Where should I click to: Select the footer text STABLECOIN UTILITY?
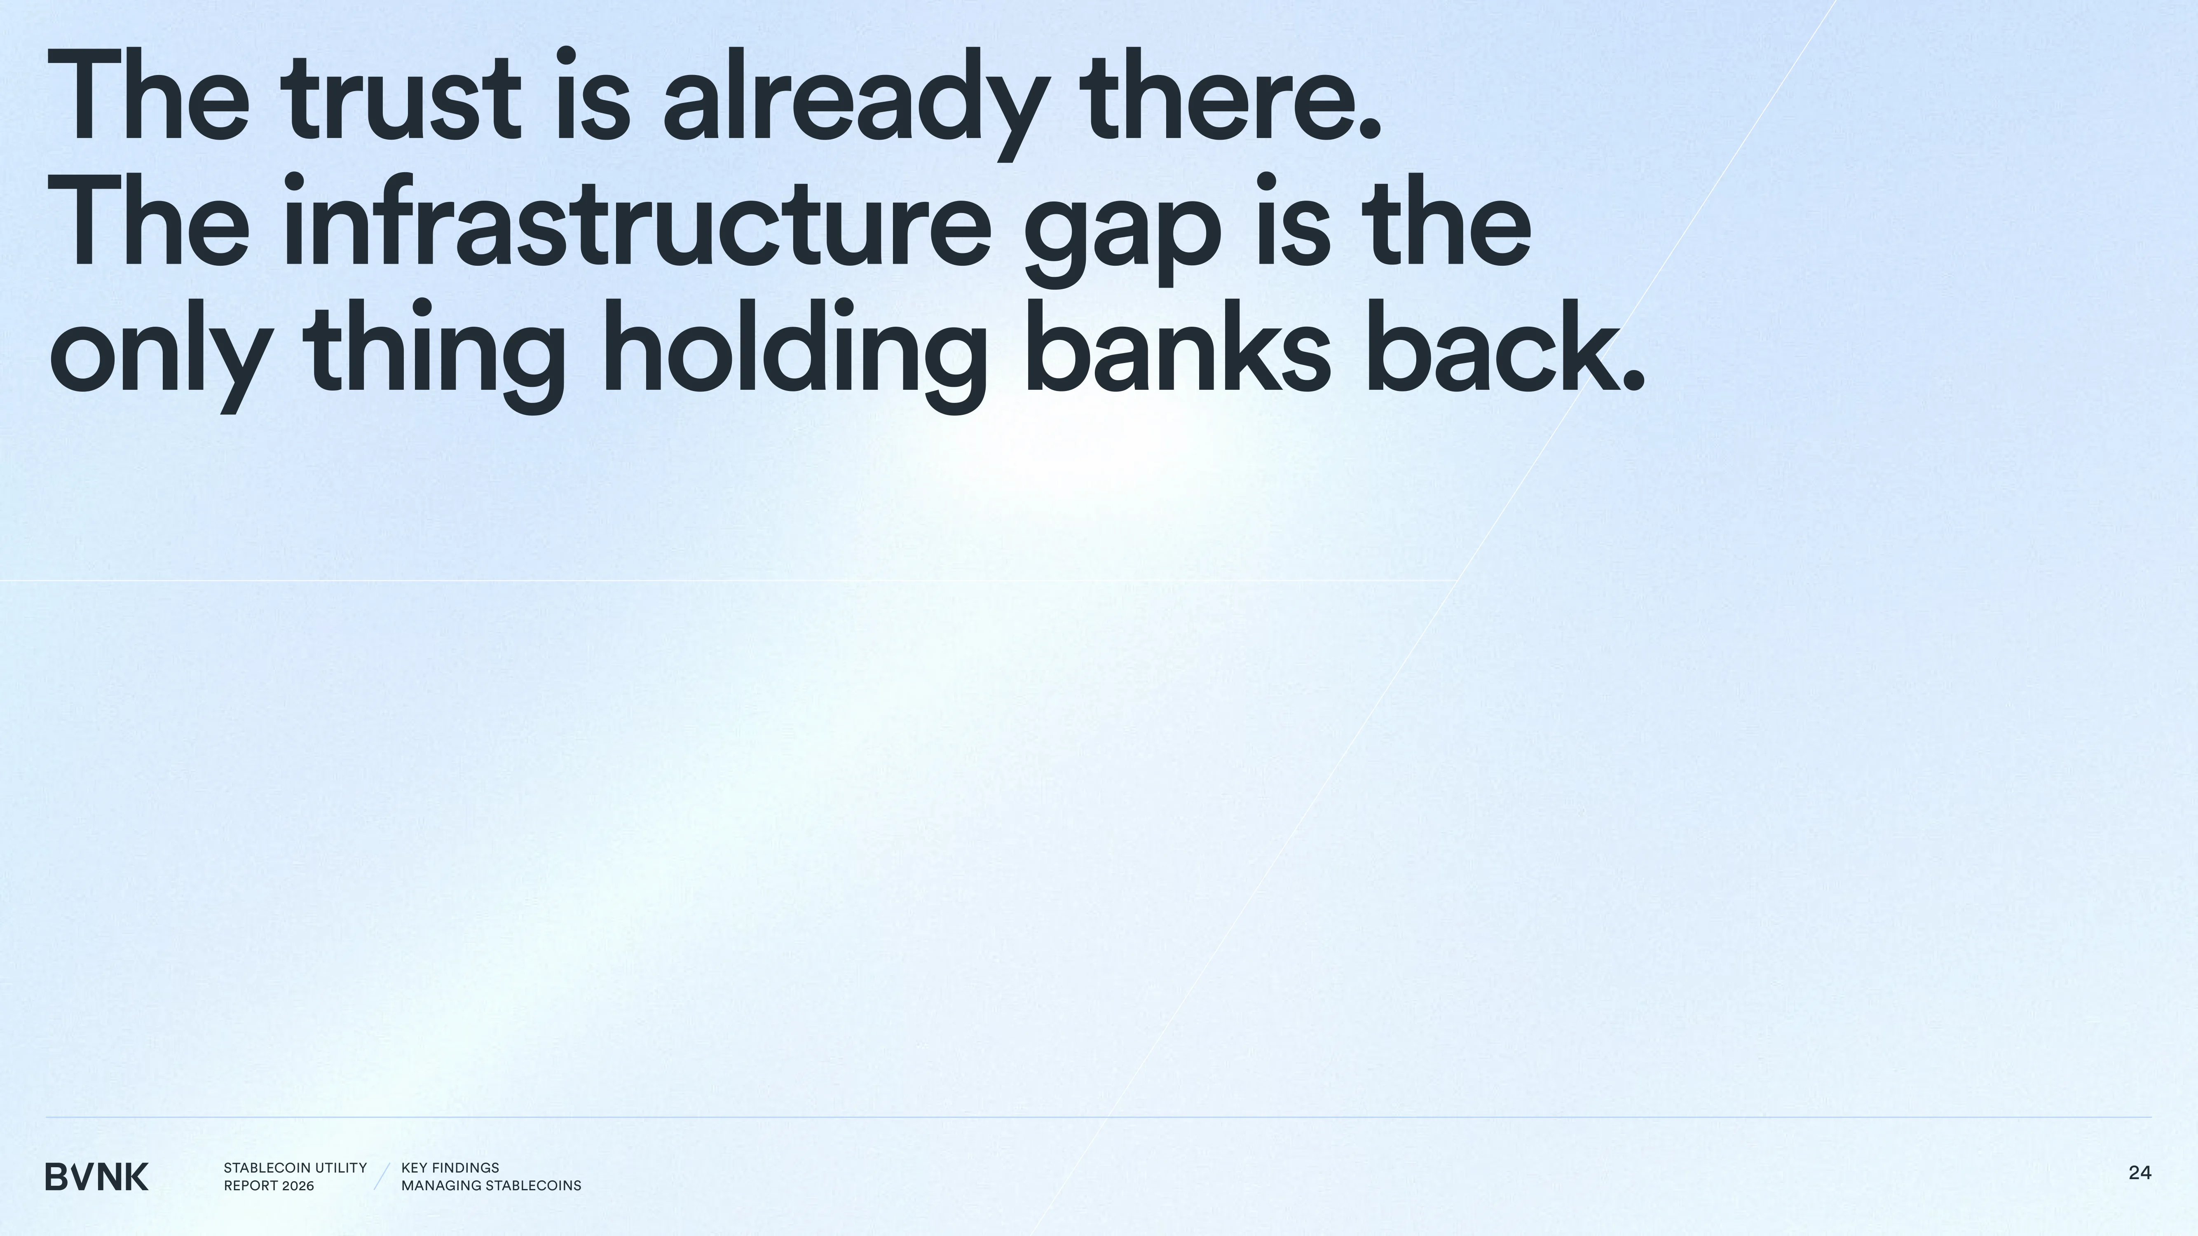tap(295, 1168)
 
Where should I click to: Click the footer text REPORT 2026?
tap(269, 1186)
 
